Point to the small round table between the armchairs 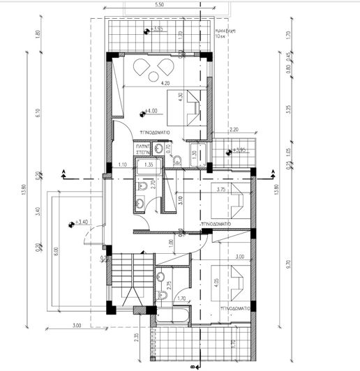[152, 68]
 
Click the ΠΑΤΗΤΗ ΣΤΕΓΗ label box [144, 149]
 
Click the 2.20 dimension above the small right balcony [234, 130]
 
